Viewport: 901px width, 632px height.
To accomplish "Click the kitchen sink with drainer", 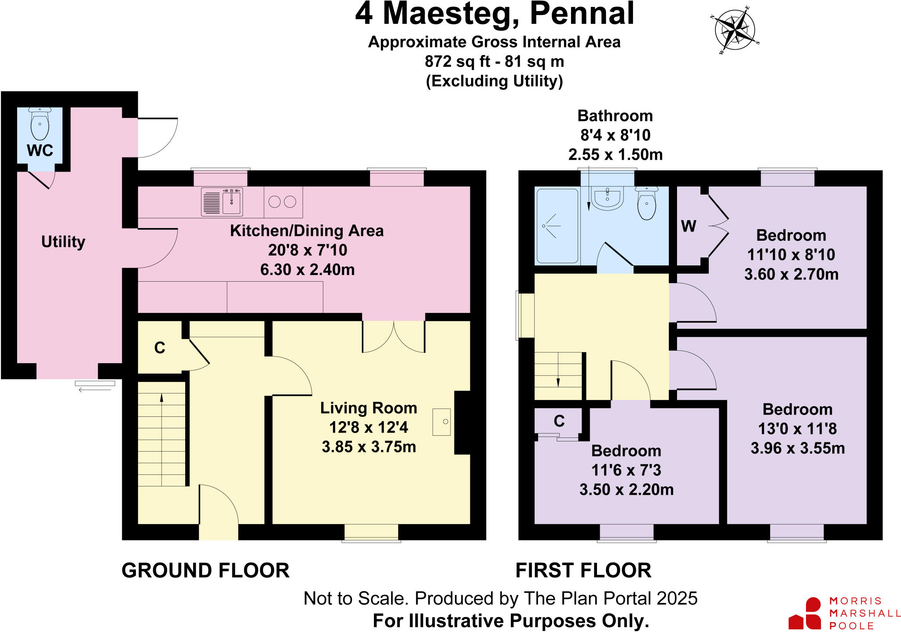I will [x=222, y=202].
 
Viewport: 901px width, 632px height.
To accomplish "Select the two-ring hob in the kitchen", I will [x=282, y=202].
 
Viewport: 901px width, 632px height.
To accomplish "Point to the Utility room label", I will [x=63, y=242].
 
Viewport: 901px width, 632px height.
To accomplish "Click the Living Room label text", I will [x=368, y=408].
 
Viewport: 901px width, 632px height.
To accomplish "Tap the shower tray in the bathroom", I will [x=557, y=226].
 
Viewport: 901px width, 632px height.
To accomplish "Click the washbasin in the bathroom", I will [x=607, y=198].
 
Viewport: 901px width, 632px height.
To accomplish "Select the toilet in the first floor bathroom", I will [x=646, y=203].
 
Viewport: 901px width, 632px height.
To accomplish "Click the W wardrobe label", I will [x=689, y=226].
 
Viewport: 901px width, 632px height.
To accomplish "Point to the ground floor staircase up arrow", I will [x=161, y=398].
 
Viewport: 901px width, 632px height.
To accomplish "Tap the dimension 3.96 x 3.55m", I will [x=797, y=448].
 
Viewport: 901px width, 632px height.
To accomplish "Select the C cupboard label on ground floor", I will [x=160, y=348].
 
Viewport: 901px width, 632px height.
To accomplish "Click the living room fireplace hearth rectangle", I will [x=442, y=422].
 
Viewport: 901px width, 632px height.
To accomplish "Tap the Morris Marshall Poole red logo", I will [x=805, y=614].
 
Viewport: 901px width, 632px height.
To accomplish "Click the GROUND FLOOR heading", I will [x=205, y=570].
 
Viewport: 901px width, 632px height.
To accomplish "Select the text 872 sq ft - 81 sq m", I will [x=494, y=61].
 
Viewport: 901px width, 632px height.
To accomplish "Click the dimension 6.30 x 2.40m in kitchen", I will [x=307, y=269].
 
